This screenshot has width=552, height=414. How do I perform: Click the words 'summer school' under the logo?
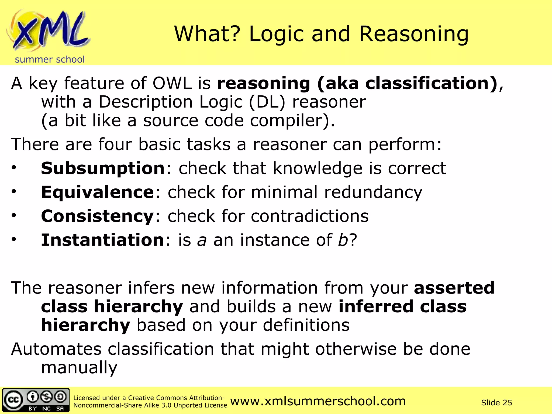tap(50, 59)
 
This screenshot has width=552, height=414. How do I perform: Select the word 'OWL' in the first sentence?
tap(172, 83)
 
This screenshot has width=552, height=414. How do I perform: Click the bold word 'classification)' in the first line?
tap(431, 83)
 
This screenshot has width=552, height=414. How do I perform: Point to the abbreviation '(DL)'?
tap(267, 102)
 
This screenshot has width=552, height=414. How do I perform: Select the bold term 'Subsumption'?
tap(103, 168)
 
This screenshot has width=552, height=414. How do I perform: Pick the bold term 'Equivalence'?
tap(97, 192)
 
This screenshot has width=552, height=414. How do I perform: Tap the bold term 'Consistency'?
tap(97, 216)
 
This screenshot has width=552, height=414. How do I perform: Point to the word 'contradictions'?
tap(310, 216)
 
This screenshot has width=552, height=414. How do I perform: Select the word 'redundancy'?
tap(373, 192)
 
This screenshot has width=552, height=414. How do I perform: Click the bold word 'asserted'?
tap(454, 288)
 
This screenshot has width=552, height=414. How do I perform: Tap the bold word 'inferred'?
tap(376, 306)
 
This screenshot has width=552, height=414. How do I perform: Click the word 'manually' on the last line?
tap(79, 367)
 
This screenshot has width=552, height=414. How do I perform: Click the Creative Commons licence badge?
tap(36, 400)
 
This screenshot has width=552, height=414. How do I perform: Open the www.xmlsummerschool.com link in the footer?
tap(318, 401)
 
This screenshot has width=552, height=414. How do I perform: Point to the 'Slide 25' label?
tap(496, 403)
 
